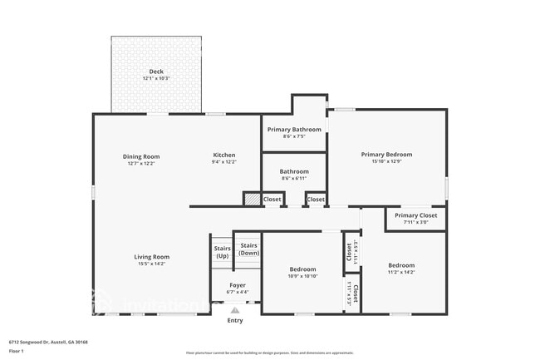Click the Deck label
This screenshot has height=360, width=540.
point(156,72)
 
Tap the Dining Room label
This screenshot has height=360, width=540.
point(141,156)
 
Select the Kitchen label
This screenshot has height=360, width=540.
point(224,155)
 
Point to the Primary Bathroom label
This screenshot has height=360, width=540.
point(294,130)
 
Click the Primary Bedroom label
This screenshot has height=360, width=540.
point(386,154)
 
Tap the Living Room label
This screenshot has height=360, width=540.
point(152,257)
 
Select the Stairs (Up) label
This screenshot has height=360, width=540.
point(222,252)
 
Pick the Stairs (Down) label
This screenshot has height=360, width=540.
point(248,249)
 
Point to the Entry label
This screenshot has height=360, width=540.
point(235,320)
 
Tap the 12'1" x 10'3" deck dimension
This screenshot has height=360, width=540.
point(156,78)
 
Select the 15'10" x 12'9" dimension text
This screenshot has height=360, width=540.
point(386,163)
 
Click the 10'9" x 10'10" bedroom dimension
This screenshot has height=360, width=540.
point(302,276)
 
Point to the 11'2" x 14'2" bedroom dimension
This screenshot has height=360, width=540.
point(400,272)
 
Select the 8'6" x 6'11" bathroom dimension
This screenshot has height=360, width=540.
point(294,179)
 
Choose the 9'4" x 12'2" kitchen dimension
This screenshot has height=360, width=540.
point(224,163)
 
